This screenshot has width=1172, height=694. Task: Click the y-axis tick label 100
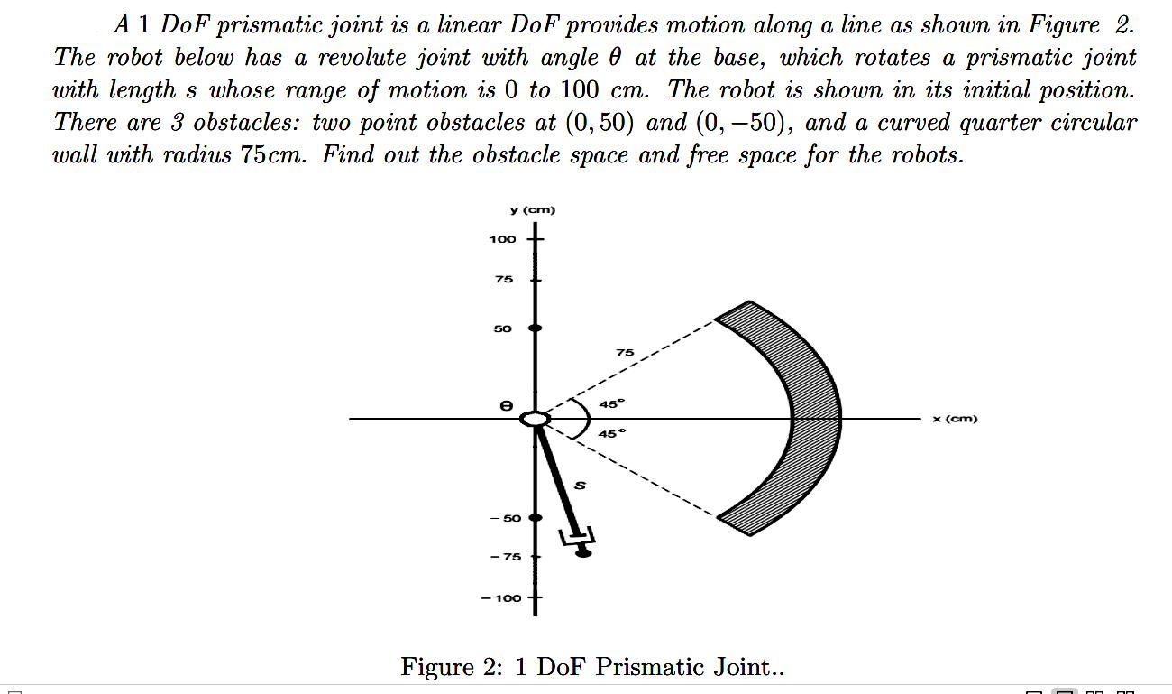(x=502, y=239)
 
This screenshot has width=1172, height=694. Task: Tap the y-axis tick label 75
(x=503, y=280)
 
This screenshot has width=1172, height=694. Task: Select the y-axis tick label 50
(x=503, y=328)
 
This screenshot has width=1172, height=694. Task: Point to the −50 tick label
(x=506, y=518)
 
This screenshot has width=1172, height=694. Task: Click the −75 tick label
(x=506, y=557)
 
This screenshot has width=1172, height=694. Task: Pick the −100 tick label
(x=501, y=598)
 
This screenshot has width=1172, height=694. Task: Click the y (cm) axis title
(x=533, y=210)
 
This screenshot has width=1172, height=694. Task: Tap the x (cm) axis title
(x=955, y=419)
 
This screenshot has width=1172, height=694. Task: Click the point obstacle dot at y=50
(x=535, y=328)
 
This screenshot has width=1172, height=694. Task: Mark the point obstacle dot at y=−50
(x=536, y=518)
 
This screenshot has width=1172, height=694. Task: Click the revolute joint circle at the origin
(x=535, y=419)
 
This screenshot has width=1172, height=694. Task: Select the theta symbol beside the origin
(x=507, y=407)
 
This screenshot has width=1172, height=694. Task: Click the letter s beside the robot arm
(x=580, y=486)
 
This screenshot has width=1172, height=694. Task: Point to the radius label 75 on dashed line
(x=624, y=352)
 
